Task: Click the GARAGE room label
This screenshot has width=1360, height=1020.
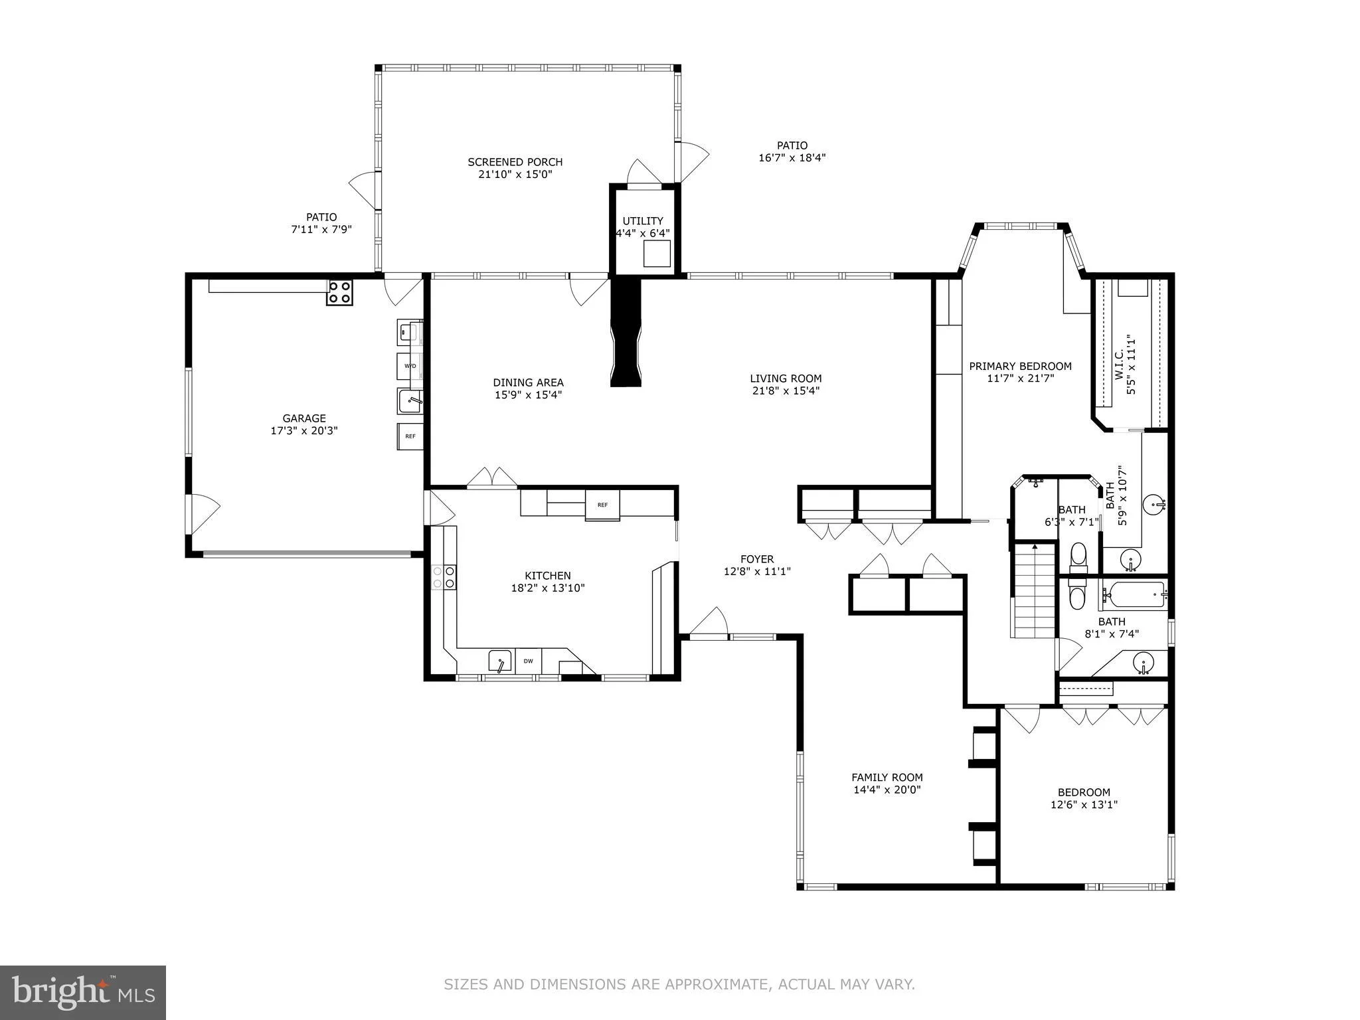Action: tap(304, 418)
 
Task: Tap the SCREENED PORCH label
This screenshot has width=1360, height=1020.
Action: tap(515, 162)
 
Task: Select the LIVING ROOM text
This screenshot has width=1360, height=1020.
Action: tap(786, 379)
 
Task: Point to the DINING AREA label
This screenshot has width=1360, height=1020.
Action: tap(528, 382)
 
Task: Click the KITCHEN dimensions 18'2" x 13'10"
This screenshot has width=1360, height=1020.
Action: tap(548, 588)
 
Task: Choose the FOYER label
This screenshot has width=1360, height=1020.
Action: tap(757, 559)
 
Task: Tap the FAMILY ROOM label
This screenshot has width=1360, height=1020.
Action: tap(887, 778)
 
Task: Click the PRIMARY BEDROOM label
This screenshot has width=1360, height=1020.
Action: tap(1021, 367)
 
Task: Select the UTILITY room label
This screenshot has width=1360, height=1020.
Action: tap(643, 221)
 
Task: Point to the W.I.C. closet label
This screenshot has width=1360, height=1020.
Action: tap(1118, 365)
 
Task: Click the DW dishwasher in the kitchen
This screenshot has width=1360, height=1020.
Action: tap(529, 661)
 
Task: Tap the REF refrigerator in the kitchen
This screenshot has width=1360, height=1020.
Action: tap(602, 505)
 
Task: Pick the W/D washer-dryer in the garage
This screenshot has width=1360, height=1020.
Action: tap(410, 366)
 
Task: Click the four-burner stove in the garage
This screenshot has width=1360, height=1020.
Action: tap(339, 292)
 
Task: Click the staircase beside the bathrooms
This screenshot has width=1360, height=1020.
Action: tap(1034, 590)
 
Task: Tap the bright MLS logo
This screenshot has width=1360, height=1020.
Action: tap(83, 993)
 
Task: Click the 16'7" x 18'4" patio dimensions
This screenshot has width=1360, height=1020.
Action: tap(792, 158)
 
